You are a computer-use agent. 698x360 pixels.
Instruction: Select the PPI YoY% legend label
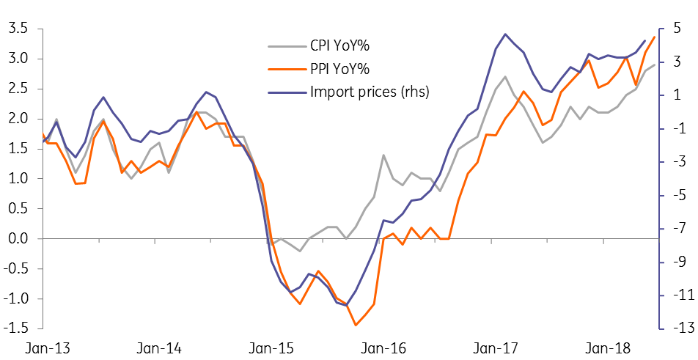point(339,70)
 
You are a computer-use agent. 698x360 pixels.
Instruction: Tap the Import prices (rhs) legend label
point(370,92)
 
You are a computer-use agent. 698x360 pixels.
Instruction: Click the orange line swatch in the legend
point(285,70)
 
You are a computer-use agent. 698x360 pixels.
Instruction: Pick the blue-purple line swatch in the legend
point(285,92)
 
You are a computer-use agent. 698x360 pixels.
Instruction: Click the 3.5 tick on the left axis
point(17,29)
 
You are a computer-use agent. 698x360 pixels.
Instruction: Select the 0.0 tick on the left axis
point(17,239)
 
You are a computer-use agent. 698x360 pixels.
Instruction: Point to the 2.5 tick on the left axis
point(17,89)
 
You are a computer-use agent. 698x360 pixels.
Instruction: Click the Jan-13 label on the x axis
point(45,348)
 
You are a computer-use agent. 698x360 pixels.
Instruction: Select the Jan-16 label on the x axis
point(384,348)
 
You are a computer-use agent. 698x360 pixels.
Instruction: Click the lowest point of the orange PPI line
point(356,325)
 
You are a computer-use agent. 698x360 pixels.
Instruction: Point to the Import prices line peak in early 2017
point(505,34)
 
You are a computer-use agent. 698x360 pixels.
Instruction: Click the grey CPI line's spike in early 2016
point(383,155)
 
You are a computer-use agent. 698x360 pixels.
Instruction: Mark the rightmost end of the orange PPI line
point(655,37)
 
